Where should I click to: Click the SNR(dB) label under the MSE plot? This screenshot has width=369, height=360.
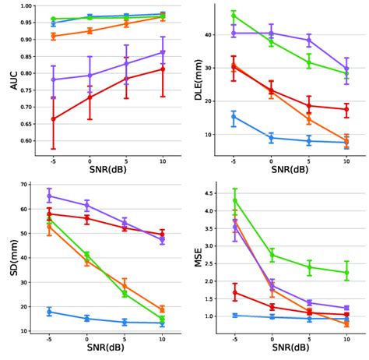[x=290, y=348]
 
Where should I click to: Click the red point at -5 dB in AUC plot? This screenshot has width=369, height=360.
[x=53, y=119]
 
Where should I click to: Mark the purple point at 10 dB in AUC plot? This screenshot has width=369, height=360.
[x=163, y=52]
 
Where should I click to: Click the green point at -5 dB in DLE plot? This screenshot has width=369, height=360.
[x=234, y=16]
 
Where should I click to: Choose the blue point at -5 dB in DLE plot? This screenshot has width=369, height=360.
[x=234, y=117]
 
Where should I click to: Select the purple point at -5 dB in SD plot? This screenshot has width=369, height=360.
[x=50, y=196]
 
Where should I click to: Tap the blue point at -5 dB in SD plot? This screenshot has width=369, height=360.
[x=50, y=312]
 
